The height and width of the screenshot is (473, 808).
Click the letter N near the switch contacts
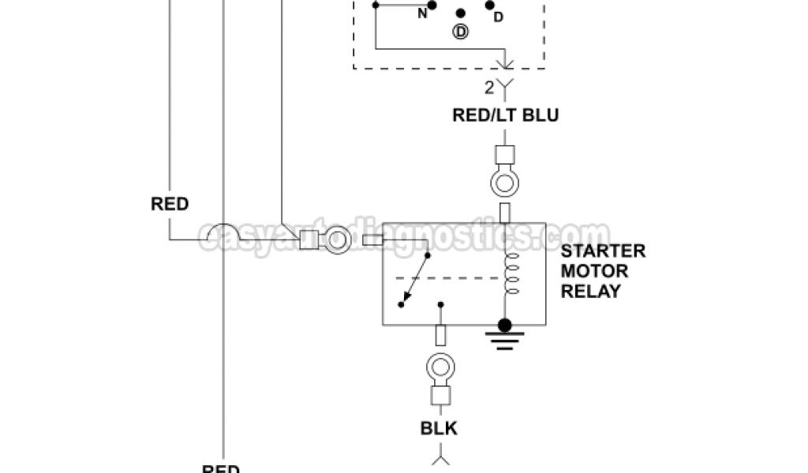[x=422, y=13]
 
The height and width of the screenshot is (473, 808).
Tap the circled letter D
[x=460, y=32]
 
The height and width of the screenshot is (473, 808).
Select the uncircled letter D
[x=498, y=17]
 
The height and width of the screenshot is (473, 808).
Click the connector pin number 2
[x=489, y=86]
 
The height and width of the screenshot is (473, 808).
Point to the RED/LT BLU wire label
[x=505, y=116]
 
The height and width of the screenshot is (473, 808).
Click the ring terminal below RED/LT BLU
[x=504, y=184]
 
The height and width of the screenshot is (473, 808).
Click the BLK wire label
[x=440, y=429]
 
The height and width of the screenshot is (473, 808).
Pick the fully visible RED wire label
[x=170, y=204]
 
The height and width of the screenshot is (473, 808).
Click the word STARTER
[x=603, y=251]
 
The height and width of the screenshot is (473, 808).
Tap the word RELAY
[x=590, y=291]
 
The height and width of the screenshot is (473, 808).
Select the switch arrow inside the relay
[x=415, y=280]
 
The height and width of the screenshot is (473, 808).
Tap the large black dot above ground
[x=505, y=323]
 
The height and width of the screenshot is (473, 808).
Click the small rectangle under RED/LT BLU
[x=504, y=155]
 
